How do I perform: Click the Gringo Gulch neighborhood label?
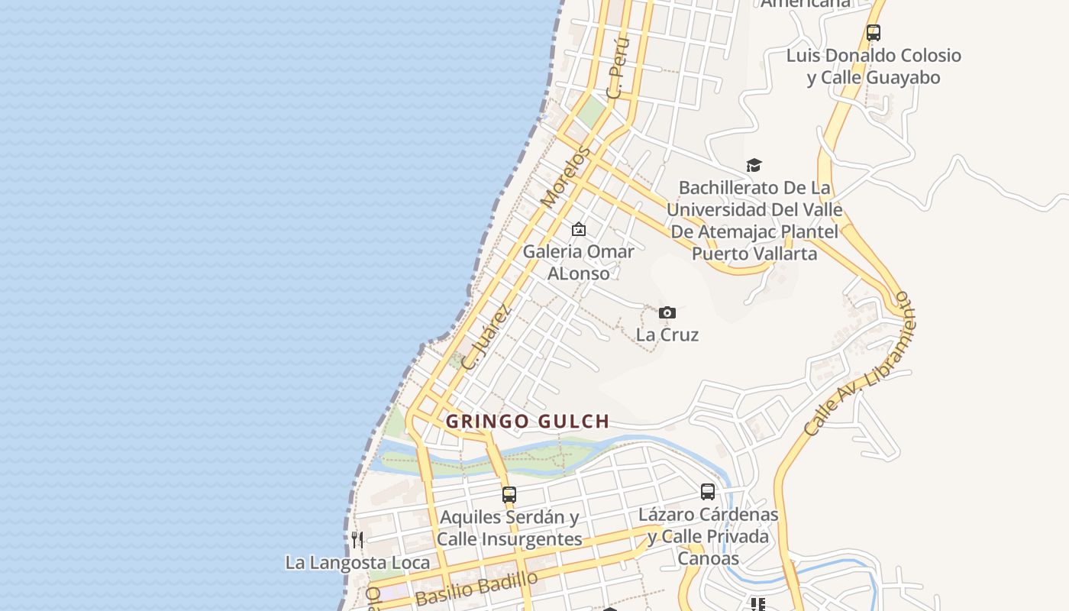pos(528,421)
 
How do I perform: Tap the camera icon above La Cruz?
pos(667,312)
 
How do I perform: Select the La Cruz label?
pos(667,335)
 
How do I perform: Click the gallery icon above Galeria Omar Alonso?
pos(579,229)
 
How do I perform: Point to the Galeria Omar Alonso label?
pos(578,262)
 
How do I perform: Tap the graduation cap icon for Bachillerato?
pos(754,165)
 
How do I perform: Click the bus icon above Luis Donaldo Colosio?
pos(874,33)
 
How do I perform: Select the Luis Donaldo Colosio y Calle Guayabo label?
pos(874,66)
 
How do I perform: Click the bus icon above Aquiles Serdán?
pos(509,494)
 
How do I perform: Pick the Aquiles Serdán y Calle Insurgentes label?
pos(509,528)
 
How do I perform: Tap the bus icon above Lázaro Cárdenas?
pos(708,492)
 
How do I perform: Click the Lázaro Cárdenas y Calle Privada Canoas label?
pos(708,536)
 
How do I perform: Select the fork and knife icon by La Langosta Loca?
pos(357,540)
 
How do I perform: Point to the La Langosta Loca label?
pos(357,563)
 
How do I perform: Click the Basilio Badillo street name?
pos(476,588)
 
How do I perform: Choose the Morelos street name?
pos(566,177)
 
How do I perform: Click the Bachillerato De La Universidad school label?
pos(754,220)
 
